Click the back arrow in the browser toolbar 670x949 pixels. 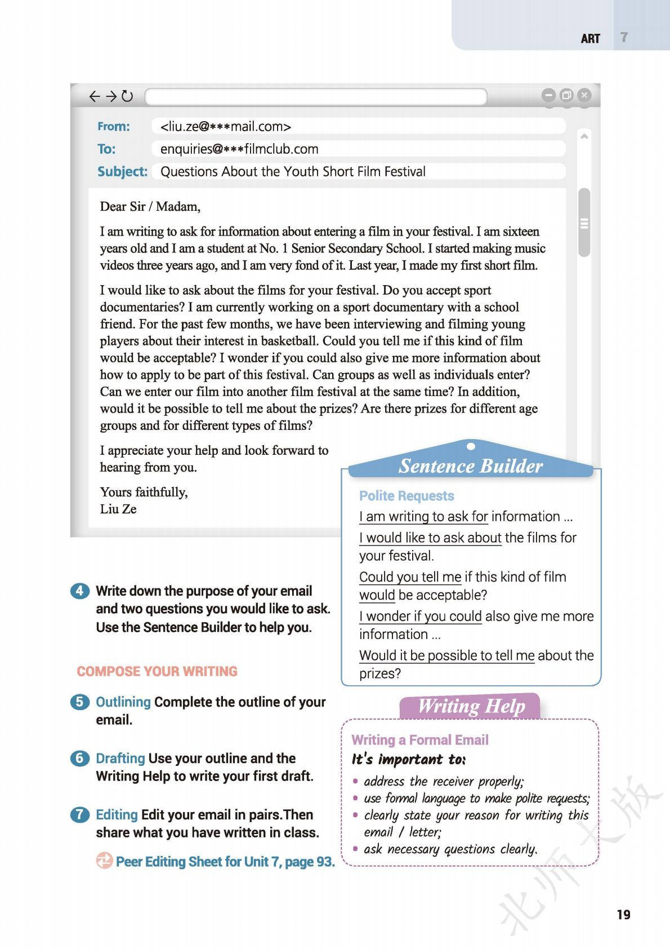coord(94,96)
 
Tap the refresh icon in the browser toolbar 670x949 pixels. coord(128,96)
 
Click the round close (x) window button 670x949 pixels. coord(584,95)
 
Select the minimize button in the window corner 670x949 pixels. coord(548,95)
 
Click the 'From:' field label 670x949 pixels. coord(113,127)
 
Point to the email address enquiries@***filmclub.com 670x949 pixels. coord(239,149)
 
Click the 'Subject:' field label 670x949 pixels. coord(122,172)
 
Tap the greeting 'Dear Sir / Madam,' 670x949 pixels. coord(150,207)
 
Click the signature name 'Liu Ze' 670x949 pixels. coord(118,509)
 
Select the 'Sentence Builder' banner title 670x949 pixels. coord(471,466)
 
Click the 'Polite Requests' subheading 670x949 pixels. coord(407,496)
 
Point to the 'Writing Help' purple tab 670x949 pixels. coord(471,706)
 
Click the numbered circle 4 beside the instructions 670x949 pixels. coord(79,591)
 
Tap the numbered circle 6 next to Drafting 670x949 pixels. coord(79,759)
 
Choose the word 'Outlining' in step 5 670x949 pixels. coord(123,702)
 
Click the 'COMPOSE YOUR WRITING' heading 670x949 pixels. coord(157,672)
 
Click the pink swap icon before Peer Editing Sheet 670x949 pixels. coord(104,861)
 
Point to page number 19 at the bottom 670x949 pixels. coord(623,914)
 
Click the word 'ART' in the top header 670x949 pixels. coord(590,38)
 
